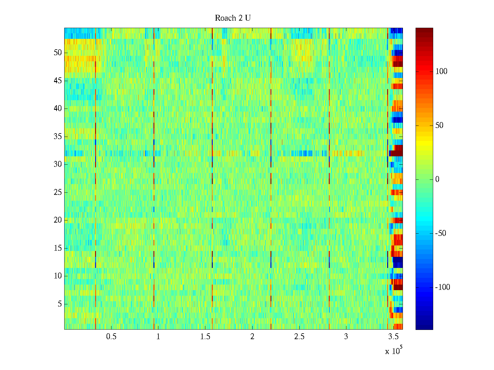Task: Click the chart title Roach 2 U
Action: [233, 18]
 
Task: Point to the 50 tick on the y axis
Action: [58, 53]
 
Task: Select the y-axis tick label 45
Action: [58, 81]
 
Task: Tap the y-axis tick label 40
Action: [58, 109]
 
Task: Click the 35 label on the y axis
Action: [58, 137]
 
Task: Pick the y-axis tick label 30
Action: [58, 164]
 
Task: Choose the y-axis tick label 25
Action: [58, 192]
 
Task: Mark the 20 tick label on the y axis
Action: [58, 220]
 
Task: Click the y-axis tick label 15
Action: [58, 248]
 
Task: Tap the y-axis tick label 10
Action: [58, 276]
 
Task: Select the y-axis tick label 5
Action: [60, 304]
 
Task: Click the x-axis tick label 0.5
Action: [111, 337]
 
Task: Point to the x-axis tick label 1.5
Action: [205, 337]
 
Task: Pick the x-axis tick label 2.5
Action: [299, 337]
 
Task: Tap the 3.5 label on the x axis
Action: [393, 337]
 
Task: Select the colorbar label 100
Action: [441, 72]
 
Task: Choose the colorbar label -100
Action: [442, 287]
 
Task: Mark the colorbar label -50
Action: [441, 233]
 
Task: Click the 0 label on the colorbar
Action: [437, 179]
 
